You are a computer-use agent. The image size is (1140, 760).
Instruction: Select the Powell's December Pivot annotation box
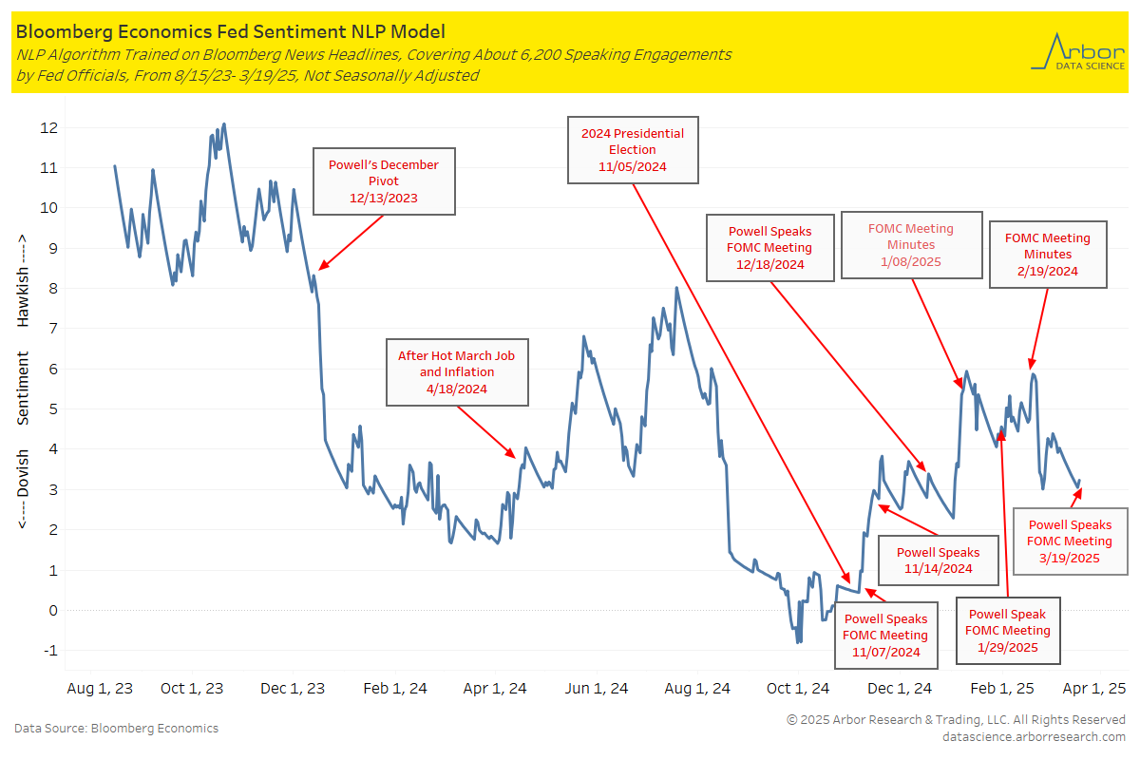coord(383,181)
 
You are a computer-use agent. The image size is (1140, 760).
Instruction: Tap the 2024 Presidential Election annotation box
coord(633,150)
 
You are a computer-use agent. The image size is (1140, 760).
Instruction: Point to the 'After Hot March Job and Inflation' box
coord(455,372)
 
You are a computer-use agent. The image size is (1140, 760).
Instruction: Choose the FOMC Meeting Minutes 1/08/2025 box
coord(910,245)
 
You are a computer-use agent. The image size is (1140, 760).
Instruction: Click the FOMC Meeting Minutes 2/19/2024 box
coord(1047,255)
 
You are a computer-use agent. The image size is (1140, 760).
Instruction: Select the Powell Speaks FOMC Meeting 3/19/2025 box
coord(1070,541)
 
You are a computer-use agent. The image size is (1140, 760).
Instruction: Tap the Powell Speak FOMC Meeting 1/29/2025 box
coord(1007,630)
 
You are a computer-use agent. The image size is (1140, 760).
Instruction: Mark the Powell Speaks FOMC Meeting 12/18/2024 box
coord(769,247)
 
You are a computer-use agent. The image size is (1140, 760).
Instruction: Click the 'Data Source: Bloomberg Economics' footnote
coord(116,729)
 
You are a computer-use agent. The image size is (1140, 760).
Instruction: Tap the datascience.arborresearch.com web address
coord(1034,736)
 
